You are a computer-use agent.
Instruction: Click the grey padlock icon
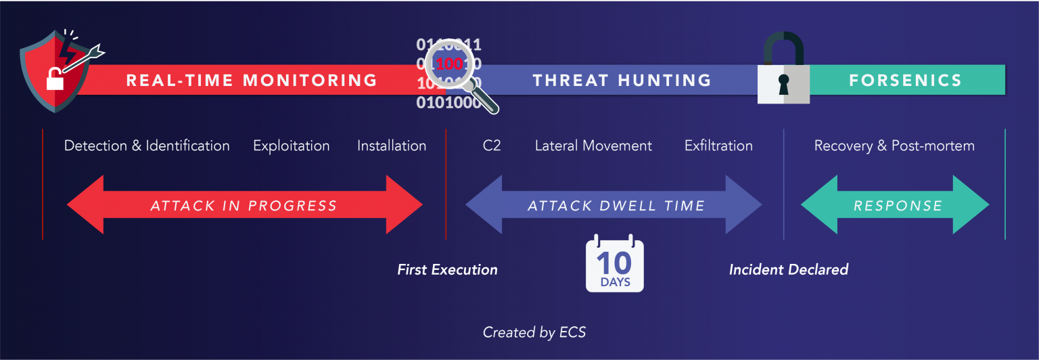tap(783, 74)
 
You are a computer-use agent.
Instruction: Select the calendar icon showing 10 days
tap(614, 265)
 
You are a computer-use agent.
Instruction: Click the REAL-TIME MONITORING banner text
tap(252, 81)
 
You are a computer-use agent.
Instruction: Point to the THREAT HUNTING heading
tap(622, 81)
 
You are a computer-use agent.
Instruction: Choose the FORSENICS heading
tap(905, 81)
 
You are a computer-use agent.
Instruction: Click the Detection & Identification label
tap(147, 145)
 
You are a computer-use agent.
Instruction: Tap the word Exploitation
tap(291, 145)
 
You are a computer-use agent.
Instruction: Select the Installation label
tap(392, 145)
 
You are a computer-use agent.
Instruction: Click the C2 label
tap(492, 145)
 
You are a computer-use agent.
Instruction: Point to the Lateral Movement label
tap(593, 145)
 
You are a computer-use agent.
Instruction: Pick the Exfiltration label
tap(718, 145)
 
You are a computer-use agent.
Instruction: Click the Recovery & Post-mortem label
tap(894, 145)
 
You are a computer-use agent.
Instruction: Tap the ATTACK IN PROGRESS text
tap(244, 206)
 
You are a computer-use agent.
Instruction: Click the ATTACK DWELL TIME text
tap(616, 206)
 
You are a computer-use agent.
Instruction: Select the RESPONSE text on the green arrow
tap(898, 206)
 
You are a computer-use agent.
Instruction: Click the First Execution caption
tap(447, 270)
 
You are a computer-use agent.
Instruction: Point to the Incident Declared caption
tap(788, 270)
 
